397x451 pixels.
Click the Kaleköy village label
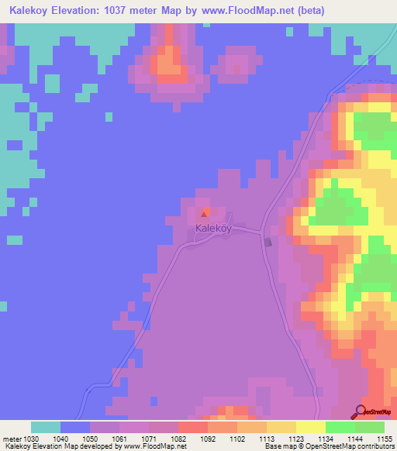click(212, 229)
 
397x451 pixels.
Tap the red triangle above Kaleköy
click(205, 214)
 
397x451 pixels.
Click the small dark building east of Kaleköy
click(268, 243)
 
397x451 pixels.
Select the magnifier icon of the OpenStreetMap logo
click(362, 411)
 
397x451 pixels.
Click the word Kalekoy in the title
click(25, 11)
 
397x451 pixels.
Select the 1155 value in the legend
click(385, 439)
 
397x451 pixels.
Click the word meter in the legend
click(12, 439)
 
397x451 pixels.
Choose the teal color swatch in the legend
click(46, 427)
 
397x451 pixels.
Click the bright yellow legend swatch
click(310, 427)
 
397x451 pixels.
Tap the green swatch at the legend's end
click(370, 427)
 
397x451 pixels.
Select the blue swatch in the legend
click(75, 427)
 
